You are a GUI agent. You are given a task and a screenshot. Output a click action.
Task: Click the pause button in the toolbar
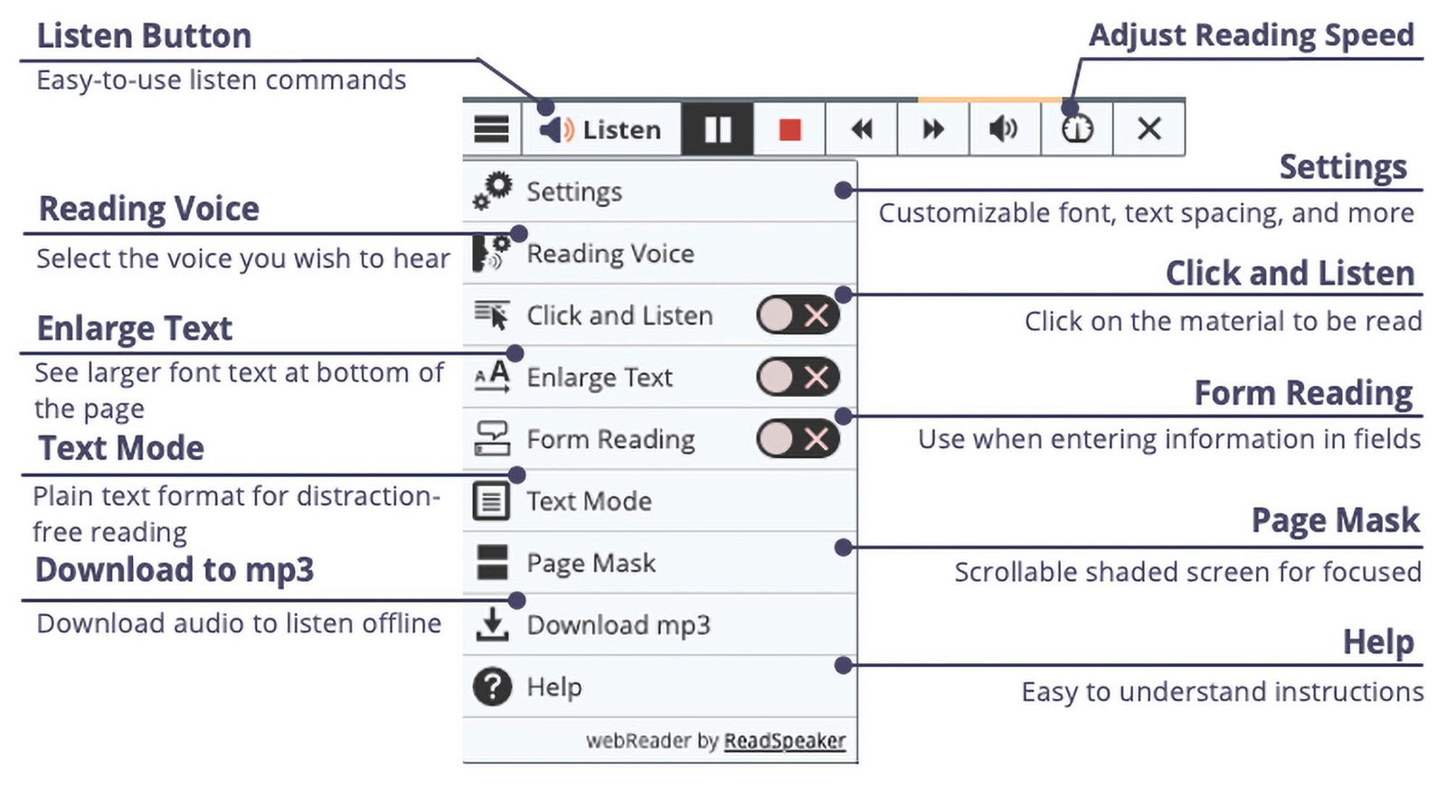click(717, 129)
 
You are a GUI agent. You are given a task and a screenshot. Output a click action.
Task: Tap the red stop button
click(790, 129)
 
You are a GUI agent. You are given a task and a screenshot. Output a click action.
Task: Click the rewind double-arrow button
click(862, 129)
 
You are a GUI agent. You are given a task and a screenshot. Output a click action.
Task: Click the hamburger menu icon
click(491, 129)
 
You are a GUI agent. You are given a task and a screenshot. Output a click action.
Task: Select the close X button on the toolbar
click(1149, 129)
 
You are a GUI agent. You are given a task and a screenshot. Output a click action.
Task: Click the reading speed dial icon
click(1077, 129)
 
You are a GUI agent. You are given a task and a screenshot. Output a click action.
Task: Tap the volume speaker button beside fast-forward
click(1004, 129)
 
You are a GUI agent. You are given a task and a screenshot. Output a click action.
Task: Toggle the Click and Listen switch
click(798, 315)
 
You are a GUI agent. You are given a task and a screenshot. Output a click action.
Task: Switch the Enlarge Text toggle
click(798, 377)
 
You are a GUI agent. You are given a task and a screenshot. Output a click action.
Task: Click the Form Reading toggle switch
click(798, 439)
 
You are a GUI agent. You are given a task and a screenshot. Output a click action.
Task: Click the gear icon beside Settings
click(493, 191)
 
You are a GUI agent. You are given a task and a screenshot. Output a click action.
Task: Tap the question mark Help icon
click(492, 687)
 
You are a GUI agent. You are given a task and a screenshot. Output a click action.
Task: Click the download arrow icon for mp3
click(492, 624)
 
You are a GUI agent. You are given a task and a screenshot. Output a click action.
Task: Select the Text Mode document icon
click(492, 501)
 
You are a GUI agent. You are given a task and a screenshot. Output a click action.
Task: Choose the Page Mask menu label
click(591, 563)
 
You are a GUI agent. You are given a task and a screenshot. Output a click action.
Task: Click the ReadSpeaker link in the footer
click(784, 741)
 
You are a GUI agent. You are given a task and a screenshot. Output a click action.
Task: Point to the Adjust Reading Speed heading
click(1251, 35)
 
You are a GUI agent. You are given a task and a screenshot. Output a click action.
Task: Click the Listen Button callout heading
click(144, 36)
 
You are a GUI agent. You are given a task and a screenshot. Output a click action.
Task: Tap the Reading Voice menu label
click(610, 254)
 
